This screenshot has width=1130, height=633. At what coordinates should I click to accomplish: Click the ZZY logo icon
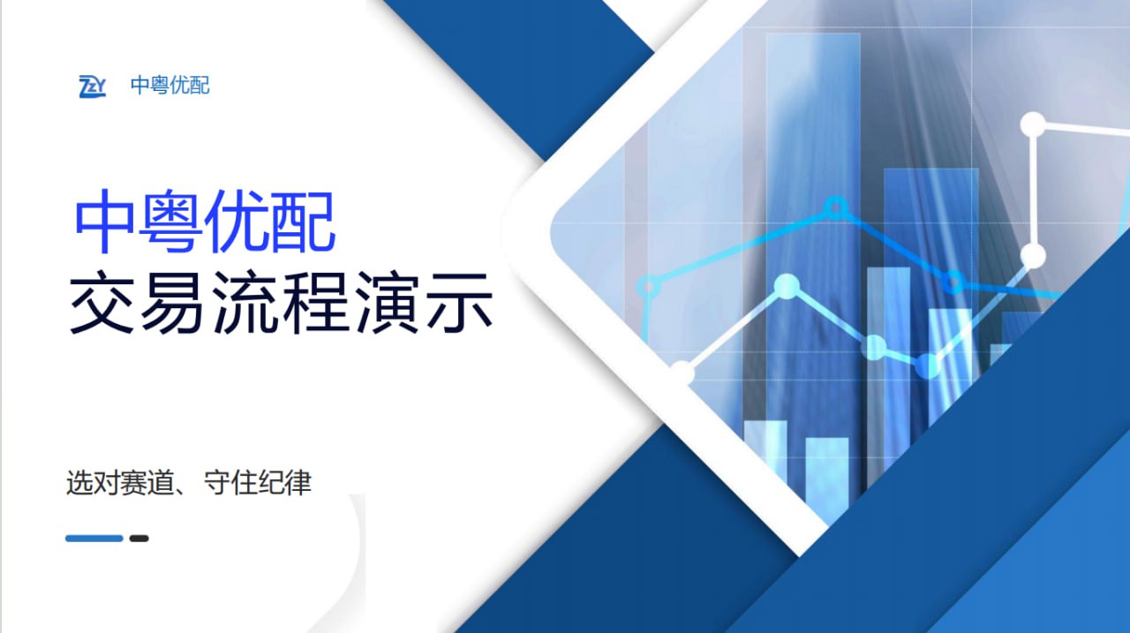(x=93, y=87)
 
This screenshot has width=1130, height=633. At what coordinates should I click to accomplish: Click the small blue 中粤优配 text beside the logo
(x=170, y=86)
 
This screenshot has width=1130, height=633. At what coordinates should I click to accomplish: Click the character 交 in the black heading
(x=102, y=302)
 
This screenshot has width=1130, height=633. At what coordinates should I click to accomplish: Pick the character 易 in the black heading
(x=172, y=302)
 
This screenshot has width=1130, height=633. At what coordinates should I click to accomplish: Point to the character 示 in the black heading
(x=459, y=302)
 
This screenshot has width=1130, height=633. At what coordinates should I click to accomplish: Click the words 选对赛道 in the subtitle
(x=119, y=483)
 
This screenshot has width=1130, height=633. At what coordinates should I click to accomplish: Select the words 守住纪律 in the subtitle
(x=258, y=483)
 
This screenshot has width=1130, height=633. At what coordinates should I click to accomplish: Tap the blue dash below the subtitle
(x=94, y=539)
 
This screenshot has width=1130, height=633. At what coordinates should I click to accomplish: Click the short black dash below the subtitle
(x=139, y=539)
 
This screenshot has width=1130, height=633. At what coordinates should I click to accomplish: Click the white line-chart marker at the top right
(x=1033, y=124)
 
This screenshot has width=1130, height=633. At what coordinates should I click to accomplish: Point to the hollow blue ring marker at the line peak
(x=835, y=207)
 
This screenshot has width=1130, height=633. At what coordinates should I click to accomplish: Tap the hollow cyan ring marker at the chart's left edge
(x=648, y=287)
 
